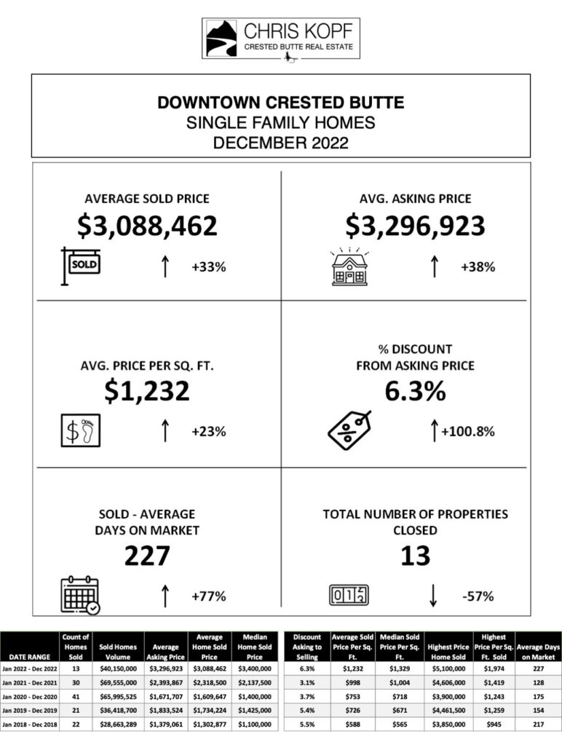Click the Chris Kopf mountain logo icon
coord(221,38)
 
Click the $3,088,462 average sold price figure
coord(148,226)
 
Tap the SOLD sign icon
coord(81,264)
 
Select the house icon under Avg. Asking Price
coord(349,267)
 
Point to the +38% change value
coord(478,267)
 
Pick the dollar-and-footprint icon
coord(80,431)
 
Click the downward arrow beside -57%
coord(434,596)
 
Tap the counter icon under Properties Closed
coord(349,595)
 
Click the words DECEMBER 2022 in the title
coord(280,143)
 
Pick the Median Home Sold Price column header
coord(254,647)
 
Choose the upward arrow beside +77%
coord(165,596)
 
